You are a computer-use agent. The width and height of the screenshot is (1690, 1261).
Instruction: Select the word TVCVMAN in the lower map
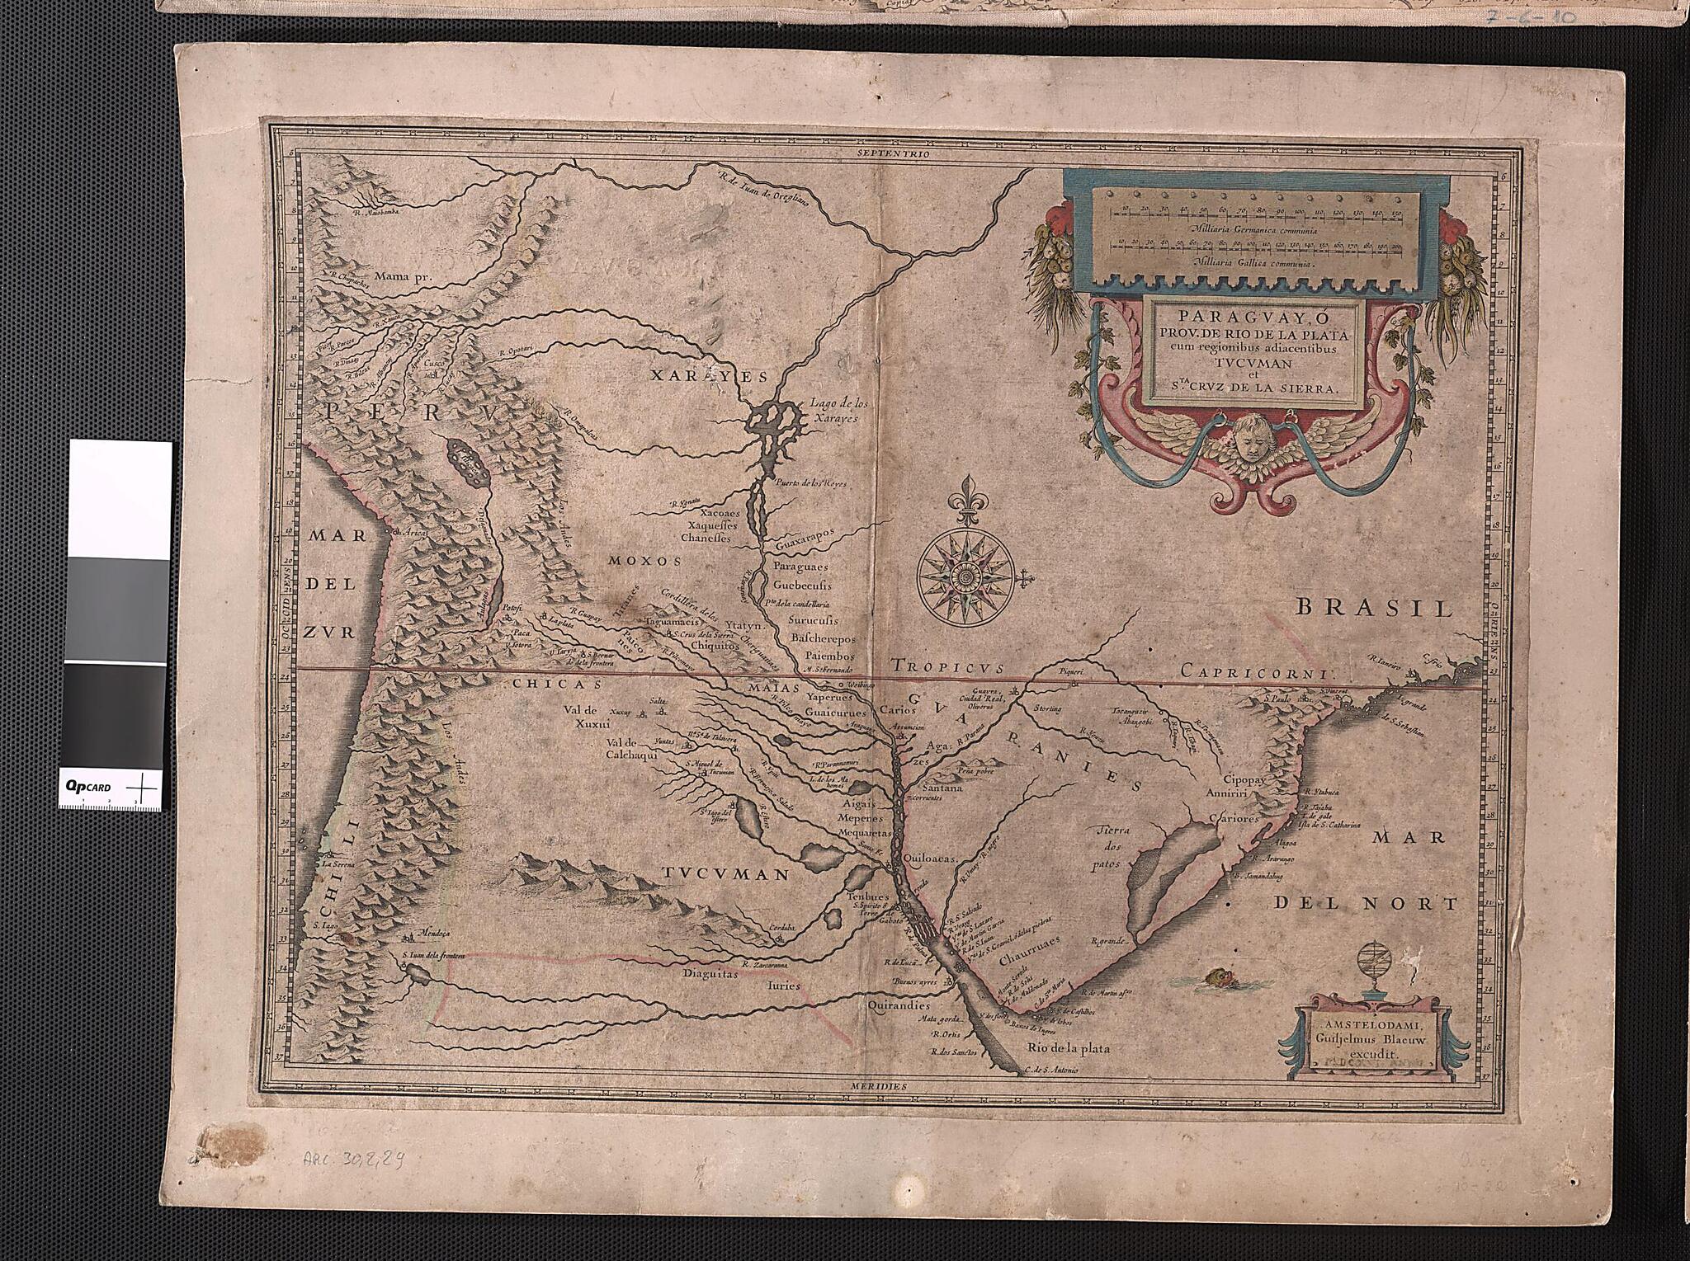pos(724,873)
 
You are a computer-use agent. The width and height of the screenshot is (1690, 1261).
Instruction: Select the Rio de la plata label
pos(1069,1048)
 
